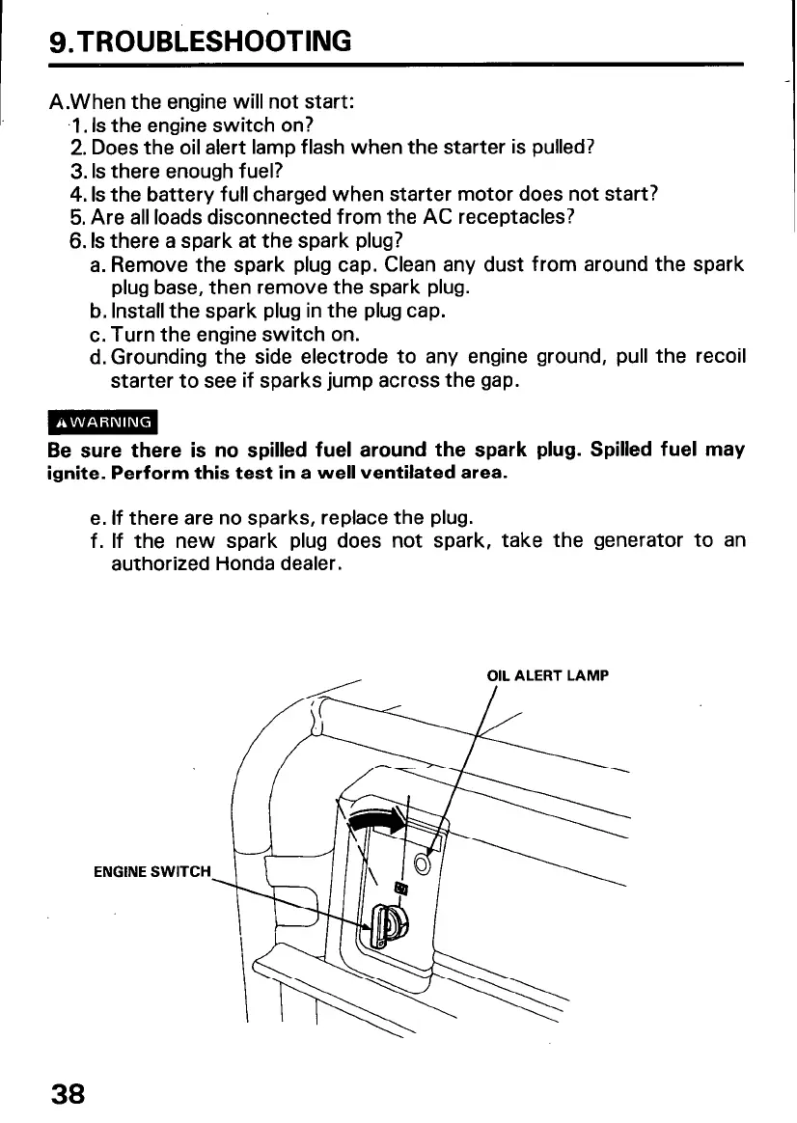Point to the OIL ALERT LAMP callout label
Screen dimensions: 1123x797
click(547, 675)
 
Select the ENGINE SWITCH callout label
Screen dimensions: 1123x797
click(151, 871)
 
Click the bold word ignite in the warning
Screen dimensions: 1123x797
click(76, 475)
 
